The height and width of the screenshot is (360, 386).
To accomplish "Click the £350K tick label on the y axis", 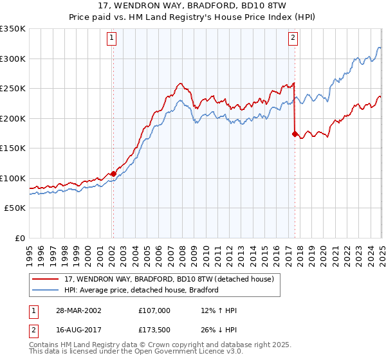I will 13,29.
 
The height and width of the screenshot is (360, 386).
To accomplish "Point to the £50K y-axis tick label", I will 15,208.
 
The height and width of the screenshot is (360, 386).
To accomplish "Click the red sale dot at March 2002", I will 113,174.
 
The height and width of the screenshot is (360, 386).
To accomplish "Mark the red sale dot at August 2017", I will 295,134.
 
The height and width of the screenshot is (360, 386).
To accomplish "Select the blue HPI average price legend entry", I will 142,290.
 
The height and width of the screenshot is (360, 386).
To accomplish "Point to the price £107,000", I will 154,310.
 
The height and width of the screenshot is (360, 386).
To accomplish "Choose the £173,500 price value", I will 154,330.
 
